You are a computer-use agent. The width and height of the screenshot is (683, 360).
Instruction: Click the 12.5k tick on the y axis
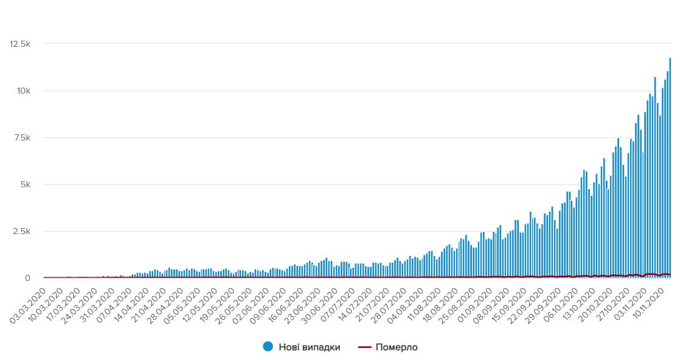coord(19,44)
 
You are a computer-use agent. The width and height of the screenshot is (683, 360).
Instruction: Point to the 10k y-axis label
coord(23,91)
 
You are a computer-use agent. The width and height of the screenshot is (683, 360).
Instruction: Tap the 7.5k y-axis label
coord(21,137)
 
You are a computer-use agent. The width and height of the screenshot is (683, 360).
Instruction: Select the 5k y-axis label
coord(25,184)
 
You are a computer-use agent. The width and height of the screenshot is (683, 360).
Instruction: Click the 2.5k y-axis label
coord(21,231)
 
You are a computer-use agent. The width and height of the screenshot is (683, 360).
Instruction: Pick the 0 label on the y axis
coord(27,278)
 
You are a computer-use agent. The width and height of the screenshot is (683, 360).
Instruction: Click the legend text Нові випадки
coord(309,347)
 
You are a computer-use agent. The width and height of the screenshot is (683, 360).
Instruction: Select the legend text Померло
coord(397,347)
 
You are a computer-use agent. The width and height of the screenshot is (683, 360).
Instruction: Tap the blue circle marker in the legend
coord(268,347)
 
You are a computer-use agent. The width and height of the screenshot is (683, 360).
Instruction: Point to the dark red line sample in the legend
coord(364,347)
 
